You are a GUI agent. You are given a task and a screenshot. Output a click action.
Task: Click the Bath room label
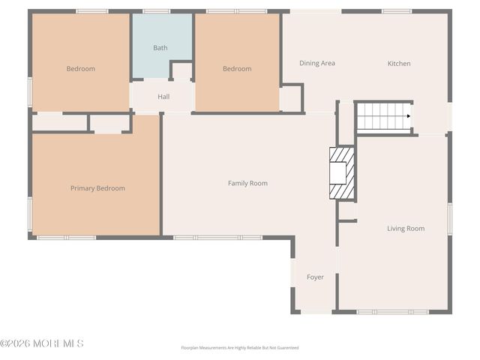pyautogui.click(x=160, y=48)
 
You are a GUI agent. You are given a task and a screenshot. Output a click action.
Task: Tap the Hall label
pyautogui.click(x=163, y=97)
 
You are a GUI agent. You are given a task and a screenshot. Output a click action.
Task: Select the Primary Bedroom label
pyautogui.click(x=97, y=188)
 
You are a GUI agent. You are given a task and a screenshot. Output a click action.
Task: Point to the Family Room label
pyautogui.click(x=247, y=183)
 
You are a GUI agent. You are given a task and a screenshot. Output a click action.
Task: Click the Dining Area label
pyautogui.click(x=317, y=63)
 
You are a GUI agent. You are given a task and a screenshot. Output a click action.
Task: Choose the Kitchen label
pyautogui.click(x=399, y=63)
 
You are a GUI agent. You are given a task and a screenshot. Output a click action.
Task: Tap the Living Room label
pyautogui.click(x=406, y=228)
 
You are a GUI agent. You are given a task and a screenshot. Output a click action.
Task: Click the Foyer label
pyautogui.click(x=315, y=277)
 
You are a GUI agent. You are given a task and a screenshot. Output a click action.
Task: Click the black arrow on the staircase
pyautogui.click(x=409, y=116)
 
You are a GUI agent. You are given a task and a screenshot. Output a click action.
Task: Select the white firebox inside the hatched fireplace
pyautogui.click(x=337, y=173)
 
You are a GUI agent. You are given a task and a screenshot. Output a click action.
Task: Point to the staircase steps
pyautogui.click(x=383, y=116)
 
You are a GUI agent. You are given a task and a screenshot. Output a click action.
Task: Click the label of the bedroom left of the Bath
pyautogui.click(x=81, y=68)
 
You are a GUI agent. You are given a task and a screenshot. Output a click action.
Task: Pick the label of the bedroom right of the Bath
pyautogui.click(x=237, y=68)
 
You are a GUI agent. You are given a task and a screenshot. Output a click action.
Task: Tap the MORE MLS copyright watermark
pyautogui.click(x=42, y=343)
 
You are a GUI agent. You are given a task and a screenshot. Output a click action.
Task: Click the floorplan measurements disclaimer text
pyautogui.click(x=240, y=348)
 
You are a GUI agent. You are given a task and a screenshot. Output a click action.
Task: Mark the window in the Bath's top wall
pyautogui.click(x=157, y=12)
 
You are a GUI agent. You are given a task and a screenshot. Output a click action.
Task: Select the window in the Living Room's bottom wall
pyautogui.click(x=393, y=312)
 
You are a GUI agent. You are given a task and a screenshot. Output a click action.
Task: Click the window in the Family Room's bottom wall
pyautogui.click(x=217, y=238)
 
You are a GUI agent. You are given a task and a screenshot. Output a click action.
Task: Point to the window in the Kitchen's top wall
pyautogui.click(x=397, y=12)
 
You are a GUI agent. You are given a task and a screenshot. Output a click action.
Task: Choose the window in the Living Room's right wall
pyautogui.click(x=450, y=219)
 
